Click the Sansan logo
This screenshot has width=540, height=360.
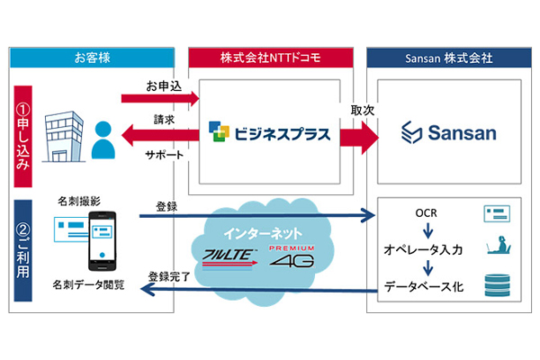coord(448,136)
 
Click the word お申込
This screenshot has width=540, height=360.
coord(164,86)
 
